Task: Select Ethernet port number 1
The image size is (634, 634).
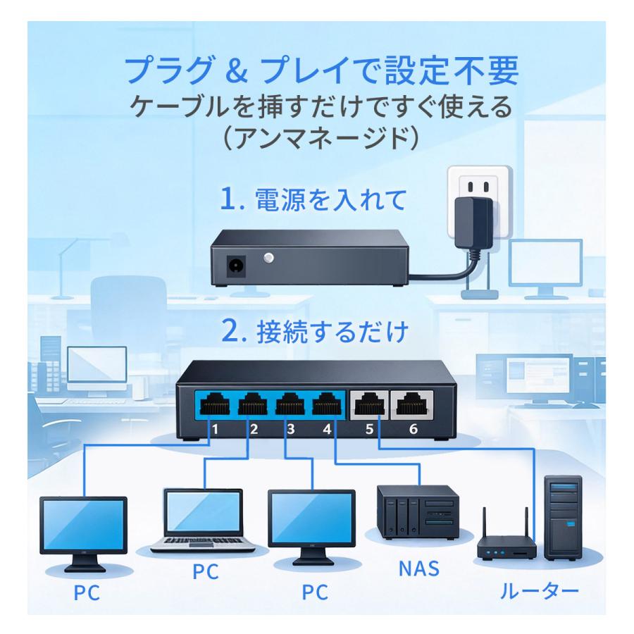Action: (213, 406)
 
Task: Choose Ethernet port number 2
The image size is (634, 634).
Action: (250, 406)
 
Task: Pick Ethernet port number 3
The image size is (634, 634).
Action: (287, 406)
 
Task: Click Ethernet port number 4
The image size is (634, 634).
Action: (324, 406)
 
